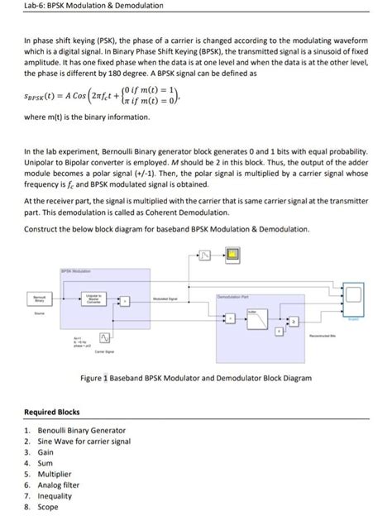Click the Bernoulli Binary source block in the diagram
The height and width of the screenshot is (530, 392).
pos(38,300)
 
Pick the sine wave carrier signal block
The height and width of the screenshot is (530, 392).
pos(107,337)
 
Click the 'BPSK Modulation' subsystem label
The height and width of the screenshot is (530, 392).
pos(76,270)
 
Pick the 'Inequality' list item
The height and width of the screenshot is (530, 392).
pos(57,496)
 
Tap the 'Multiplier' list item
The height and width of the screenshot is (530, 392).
pos(57,474)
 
